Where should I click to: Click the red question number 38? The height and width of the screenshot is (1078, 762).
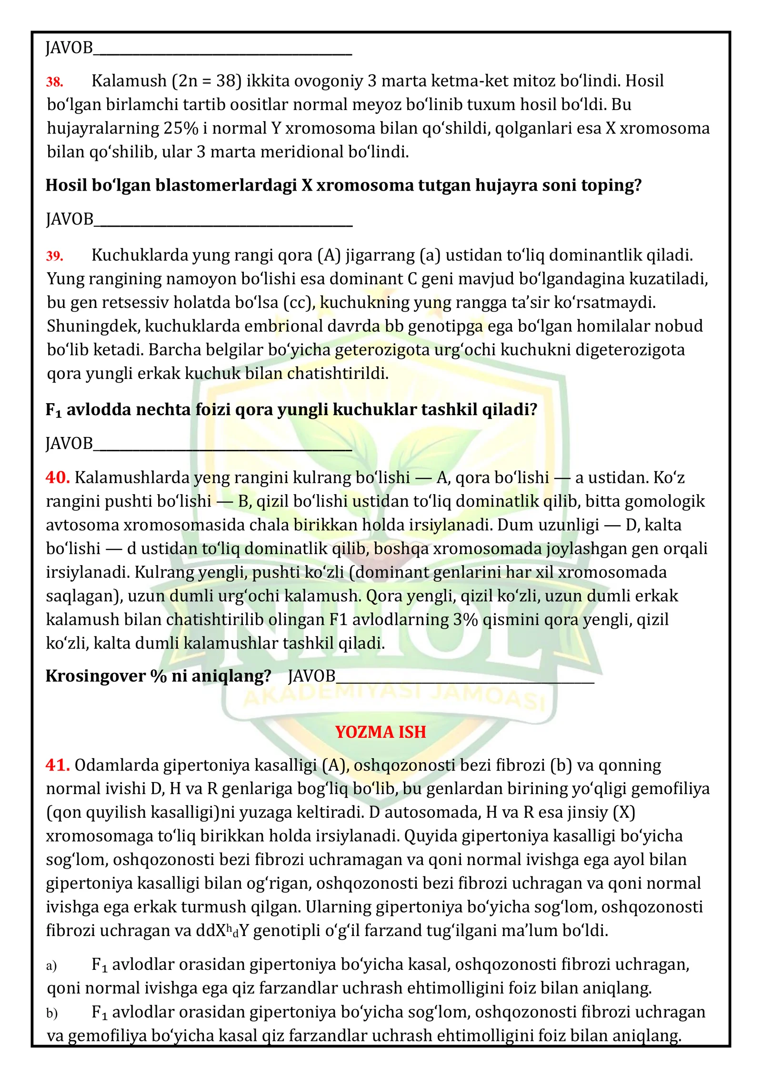click(54, 82)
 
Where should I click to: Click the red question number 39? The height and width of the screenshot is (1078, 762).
click(54, 256)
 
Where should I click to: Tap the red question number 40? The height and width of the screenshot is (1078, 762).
click(58, 477)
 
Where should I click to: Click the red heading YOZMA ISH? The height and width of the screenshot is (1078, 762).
click(380, 732)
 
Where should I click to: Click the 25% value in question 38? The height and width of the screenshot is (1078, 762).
click(181, 128)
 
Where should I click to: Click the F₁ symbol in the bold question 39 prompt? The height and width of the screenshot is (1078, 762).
click(53, 410)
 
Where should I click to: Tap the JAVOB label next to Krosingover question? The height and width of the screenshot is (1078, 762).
click(311, 676)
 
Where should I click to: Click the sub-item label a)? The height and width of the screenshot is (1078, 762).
click(51, 966)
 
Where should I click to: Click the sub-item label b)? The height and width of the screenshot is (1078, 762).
click(51, 1013)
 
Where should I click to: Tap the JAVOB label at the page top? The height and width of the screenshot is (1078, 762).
click(69, 48)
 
